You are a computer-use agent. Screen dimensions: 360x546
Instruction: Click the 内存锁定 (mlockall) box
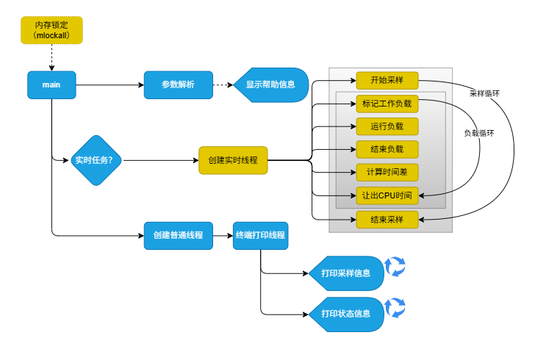[51, 30]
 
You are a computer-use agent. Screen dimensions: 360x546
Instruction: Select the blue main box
[51, 85]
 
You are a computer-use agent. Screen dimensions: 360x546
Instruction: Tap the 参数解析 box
[178, 85]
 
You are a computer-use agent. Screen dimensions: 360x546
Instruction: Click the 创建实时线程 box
[233, 160]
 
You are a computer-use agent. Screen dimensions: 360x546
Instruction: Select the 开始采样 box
[387, 80]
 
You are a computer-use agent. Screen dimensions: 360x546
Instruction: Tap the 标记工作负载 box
[387, 103]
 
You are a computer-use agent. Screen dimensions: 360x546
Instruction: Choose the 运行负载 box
[387, 126]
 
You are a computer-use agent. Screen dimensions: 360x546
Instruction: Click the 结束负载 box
[387, 149]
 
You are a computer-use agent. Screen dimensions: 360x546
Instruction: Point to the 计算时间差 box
[387, 173]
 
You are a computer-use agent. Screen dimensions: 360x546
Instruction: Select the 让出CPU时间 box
[387, 195]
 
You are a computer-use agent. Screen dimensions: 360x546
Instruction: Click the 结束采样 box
[387, 219]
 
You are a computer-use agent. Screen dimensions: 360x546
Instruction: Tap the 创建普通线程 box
[178, 236]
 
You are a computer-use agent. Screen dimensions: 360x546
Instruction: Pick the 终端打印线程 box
[261, 236]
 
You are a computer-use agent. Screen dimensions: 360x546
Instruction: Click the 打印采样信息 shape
[346, 273]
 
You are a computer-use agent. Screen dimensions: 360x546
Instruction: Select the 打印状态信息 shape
[346, 314]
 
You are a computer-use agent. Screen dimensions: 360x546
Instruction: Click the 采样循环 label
[485, 94]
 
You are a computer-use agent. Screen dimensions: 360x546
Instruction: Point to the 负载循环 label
[479, 134]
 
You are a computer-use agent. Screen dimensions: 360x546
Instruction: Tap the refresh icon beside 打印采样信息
[396, 267]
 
